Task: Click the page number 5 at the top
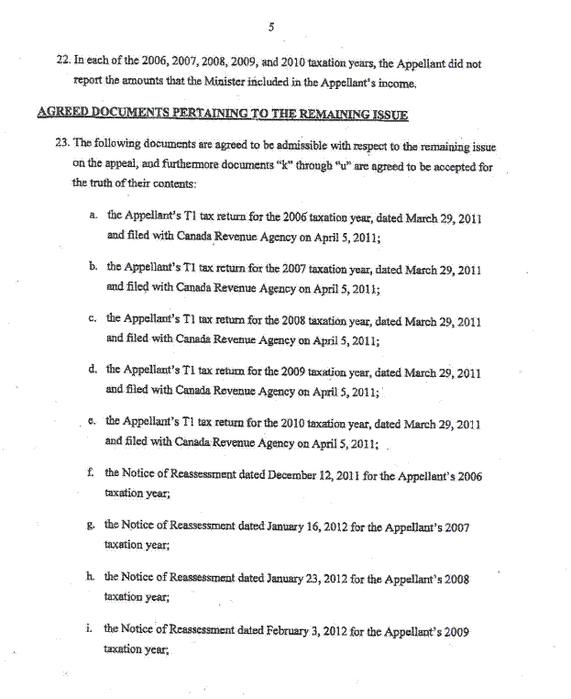coord(271,28)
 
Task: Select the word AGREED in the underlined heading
coord(61,114)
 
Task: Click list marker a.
coord(93,216)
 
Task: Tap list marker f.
coord(93,473)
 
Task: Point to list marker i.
coord(93,629)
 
